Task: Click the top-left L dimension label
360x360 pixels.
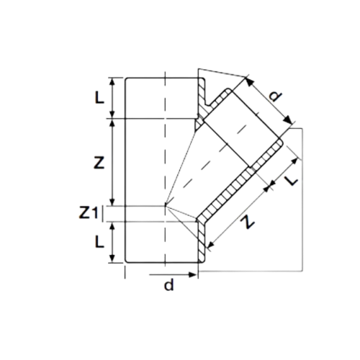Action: tap(99, 98)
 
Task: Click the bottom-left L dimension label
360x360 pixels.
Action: tap(99, 241)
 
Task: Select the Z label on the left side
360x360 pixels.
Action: tap(99, 163)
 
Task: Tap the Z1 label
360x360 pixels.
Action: tap(89, 212)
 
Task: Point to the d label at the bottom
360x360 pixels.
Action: tap(168, 285)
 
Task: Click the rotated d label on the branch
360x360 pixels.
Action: tap(275, 96)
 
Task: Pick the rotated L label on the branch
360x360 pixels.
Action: tap(292, 180)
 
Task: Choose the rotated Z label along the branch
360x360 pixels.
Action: tap(248, 222)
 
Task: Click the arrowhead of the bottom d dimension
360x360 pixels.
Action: tap(193, 274)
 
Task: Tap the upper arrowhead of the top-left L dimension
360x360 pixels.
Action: tap(112, 82)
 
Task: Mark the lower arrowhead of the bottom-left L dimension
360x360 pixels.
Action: tap(112, 258)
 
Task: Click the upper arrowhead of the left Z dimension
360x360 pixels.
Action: tap(112, 122)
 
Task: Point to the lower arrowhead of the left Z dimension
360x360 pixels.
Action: tap(112, 202)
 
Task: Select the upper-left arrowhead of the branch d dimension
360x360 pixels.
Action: tap(249, 81)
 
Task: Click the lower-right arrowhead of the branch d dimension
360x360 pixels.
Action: tap(289, 120)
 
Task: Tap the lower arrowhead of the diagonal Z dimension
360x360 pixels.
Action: tap(210, 245)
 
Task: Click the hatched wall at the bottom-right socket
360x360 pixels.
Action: tap(202, 241)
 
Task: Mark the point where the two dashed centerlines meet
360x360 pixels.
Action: tap(165, 205)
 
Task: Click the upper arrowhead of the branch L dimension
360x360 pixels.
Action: tap(295, 161)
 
